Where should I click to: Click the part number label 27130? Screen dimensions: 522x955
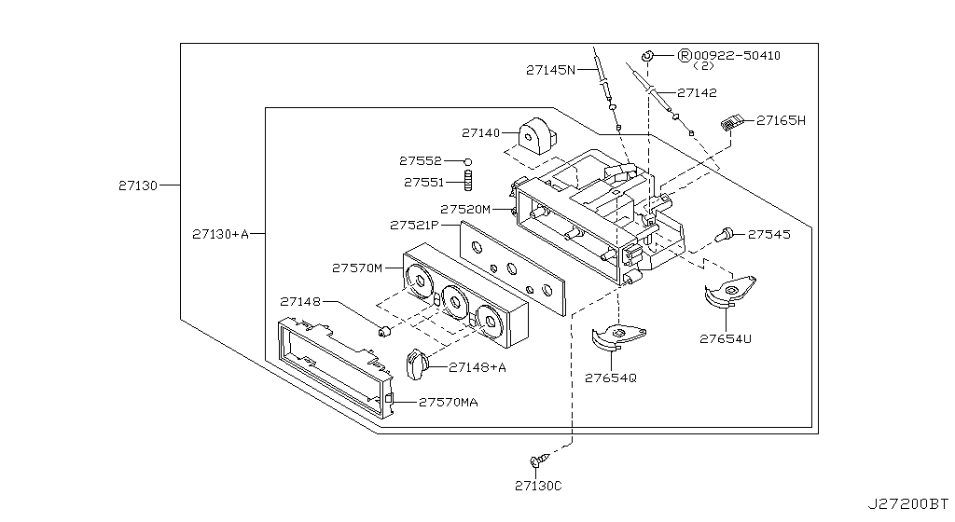(137, 185)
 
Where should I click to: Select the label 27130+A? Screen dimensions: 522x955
(220, 233)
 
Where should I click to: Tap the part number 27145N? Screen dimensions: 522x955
(550, 69)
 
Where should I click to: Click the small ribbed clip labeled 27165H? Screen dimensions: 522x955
(735, 121)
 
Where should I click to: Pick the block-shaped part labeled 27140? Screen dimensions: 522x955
(538, 136)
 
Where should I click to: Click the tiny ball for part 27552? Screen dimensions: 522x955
(469, 161)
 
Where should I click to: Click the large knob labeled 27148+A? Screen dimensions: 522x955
(417, 364)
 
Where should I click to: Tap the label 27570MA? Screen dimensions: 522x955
(449, 402)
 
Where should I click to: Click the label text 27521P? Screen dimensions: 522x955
(414, 225)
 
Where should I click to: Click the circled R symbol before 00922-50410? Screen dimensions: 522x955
(684, 56)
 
